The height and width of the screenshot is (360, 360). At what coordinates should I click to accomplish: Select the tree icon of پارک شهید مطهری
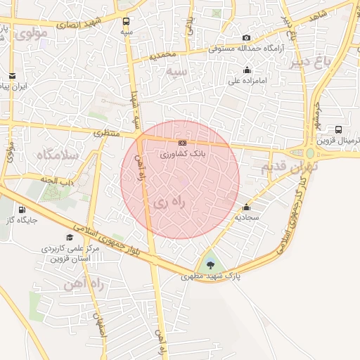pos(210,265)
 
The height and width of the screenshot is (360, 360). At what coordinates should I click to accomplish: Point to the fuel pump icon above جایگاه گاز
pos(22,209)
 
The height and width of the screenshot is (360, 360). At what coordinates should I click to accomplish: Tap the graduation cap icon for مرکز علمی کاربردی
pos(69,237)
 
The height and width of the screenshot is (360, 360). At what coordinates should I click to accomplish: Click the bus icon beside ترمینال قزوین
pos(339,129)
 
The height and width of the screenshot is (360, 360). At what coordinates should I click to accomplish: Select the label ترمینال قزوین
pos(333,141)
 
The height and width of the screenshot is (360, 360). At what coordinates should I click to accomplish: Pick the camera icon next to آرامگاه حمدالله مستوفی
pos(246,38)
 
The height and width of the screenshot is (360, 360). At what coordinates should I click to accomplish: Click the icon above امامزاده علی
pos(247,70)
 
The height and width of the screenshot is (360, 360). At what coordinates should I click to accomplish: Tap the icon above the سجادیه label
pos(247,207)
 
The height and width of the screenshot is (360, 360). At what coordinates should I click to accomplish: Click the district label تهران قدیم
pos(290,167)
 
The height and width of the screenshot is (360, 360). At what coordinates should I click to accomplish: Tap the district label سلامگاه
pos(57,155)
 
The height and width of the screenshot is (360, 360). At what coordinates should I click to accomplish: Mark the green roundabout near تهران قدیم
pos(309,153)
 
